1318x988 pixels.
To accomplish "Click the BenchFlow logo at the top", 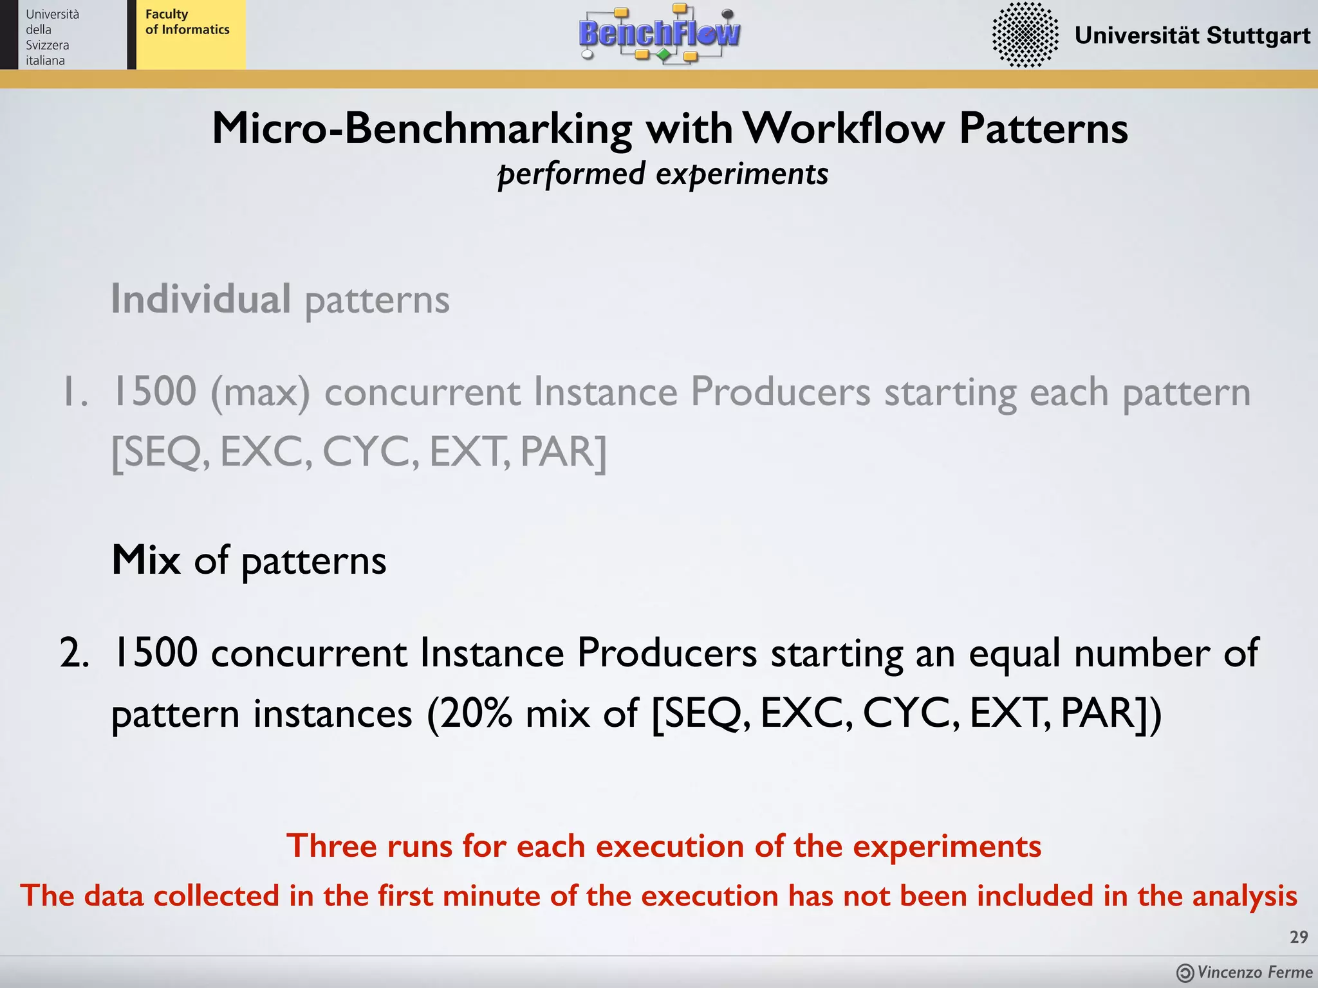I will (x=659, y=33).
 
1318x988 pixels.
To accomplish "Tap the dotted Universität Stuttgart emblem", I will (x=1025, y=35).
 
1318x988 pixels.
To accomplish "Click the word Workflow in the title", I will (x=843, y=128).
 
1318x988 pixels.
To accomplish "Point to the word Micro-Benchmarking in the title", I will (x=422, y=128).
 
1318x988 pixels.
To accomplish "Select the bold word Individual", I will (x=201, y=299).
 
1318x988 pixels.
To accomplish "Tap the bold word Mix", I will (x=146, y=560).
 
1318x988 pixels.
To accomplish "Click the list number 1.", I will (x=73, y=392).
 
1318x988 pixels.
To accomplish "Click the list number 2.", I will (x=73, y=653).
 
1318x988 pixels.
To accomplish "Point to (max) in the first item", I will (x=260, y=392).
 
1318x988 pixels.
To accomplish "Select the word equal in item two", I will (x=1014, y=653).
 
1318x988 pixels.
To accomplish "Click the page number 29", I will (x=1299, y=937).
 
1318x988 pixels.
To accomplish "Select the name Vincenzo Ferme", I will (x=1254, y=972).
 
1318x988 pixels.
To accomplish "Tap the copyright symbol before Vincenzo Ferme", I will (x=1185, y=973).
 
